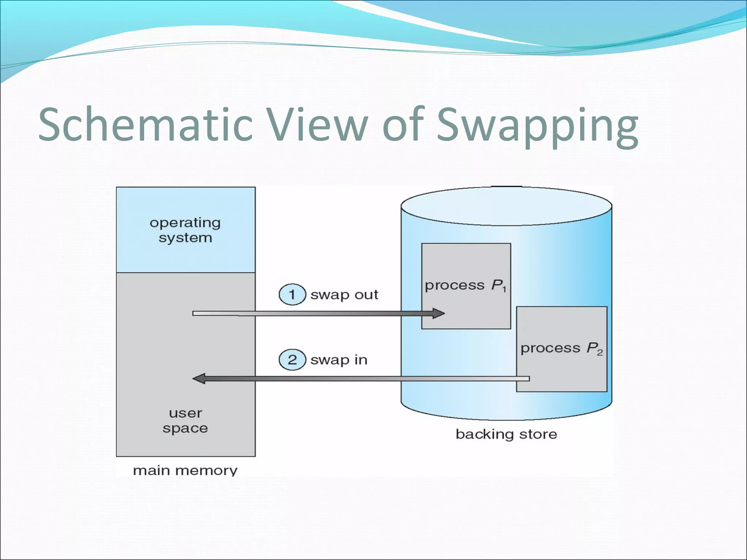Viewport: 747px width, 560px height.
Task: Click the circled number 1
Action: point(292,294)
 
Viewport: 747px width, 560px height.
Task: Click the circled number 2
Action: point(292,360)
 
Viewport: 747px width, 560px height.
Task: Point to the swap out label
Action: point(344,295)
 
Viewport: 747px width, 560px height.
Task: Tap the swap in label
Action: point(338,360)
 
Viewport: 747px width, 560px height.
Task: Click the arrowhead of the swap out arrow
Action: point(438,313)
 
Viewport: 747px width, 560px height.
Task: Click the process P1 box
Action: point(466,262)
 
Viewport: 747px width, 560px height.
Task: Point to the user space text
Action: point(185,420)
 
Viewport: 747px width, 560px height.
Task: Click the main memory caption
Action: point(185,470)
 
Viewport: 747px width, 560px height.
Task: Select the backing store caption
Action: point(506,434)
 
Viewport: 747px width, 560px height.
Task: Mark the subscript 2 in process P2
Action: point(600,353)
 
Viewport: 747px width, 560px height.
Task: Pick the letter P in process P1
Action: point(496,285)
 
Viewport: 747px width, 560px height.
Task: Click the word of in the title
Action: point(403,125)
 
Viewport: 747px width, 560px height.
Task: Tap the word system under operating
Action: point(185,238)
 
